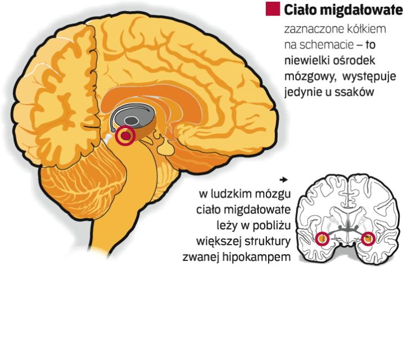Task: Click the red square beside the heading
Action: [x=272, y=9]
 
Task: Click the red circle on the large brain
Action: [x=125, y=136]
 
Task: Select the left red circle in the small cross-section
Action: [x=323, y=239]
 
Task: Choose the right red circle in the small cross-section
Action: [x=368, y=239]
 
